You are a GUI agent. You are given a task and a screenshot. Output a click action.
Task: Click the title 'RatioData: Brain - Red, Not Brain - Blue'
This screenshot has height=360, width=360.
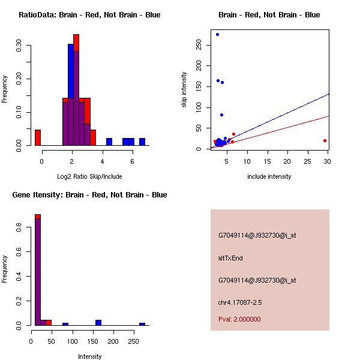pos(89,15)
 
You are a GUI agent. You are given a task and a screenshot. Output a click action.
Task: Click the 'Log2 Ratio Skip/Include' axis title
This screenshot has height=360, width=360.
pos(89,176)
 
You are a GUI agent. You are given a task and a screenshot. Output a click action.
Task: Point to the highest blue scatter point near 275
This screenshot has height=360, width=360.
pos(217,34)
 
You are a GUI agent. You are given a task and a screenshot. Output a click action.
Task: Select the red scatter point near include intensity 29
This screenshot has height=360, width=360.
pos(325,140)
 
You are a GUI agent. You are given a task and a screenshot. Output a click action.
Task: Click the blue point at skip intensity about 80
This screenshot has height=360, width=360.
pos(221,115)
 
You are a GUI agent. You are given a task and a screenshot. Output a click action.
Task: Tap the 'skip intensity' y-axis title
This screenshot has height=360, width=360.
pos(185,90)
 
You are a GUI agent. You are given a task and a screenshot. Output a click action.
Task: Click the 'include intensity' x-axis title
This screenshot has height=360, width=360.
pos(269,176)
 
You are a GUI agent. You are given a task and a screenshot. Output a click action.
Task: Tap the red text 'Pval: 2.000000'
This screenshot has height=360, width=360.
pos(239,319)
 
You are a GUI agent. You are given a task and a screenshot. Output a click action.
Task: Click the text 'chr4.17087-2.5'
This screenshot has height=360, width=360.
pos(240,302)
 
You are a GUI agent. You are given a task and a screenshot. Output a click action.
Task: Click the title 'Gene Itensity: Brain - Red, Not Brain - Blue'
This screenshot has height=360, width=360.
pos(89,195)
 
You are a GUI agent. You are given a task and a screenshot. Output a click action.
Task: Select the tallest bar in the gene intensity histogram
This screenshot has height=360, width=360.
pos(37,270)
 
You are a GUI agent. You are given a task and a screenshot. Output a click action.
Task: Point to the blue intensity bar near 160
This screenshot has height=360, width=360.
pos(98,322)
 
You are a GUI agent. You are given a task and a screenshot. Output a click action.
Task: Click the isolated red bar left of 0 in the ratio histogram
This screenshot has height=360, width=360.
pos(38,137)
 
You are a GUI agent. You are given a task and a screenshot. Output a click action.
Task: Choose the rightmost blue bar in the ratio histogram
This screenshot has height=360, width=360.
pos(142,142)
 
